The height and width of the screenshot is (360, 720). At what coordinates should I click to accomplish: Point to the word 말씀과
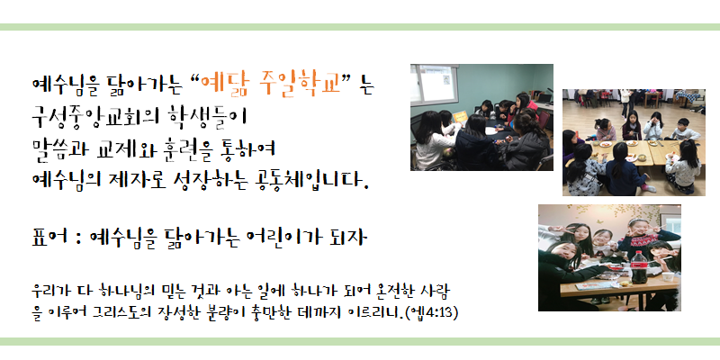pos(58,147)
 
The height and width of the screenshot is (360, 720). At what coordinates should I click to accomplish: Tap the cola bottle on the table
pos(638,267)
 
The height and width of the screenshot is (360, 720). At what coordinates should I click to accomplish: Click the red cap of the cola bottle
pos(638,253)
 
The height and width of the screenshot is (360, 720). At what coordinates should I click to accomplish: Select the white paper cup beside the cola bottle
pos(668,276)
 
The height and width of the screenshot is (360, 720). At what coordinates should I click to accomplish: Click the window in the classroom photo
pos(436,85)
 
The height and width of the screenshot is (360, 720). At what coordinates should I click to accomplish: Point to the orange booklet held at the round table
pos(460,117)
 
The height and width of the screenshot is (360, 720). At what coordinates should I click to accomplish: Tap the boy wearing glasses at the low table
pos(684,129)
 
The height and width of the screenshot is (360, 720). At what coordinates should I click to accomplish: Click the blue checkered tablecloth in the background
pos(686,97)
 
